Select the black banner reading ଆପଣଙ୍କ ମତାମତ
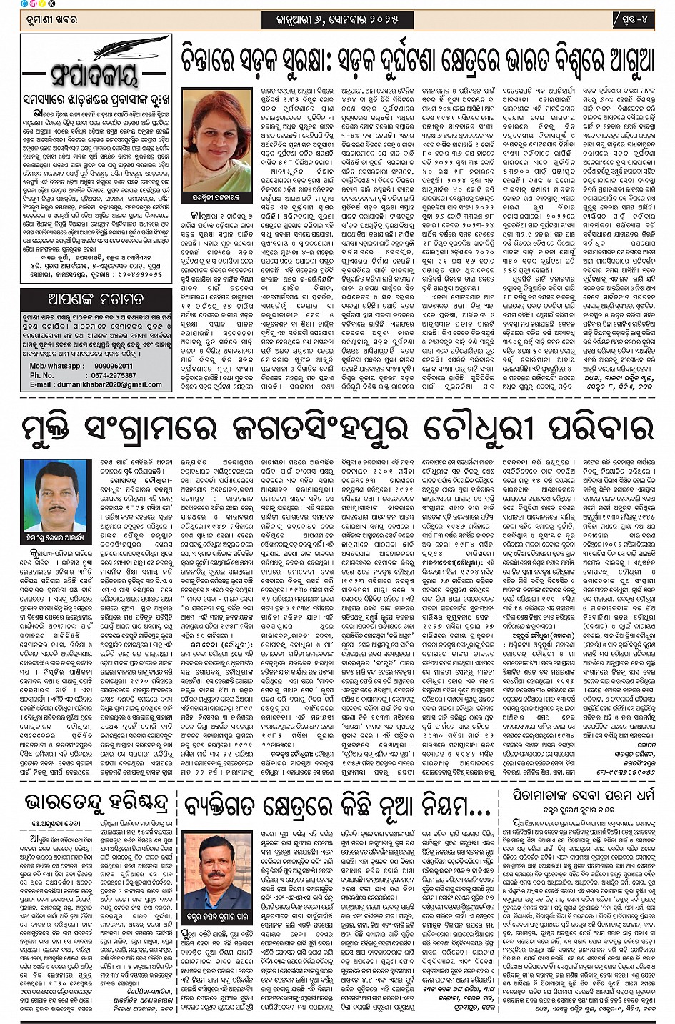(96, 298)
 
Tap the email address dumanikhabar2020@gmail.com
(116, 384)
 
